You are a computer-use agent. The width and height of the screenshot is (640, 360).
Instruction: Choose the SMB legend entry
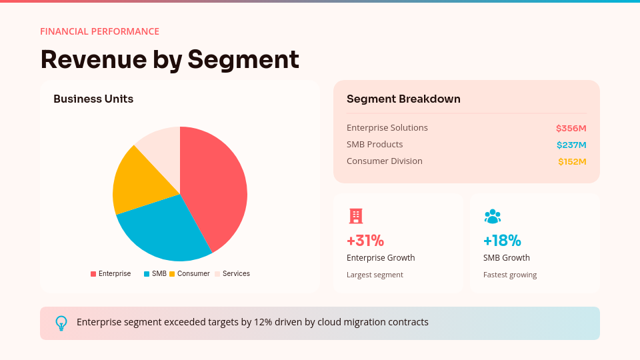coord(155,274)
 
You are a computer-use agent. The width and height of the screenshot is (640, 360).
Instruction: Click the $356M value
coord(571,128)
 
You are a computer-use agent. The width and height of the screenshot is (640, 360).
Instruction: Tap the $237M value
coord(571,145)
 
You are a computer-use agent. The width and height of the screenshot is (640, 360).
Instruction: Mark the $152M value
coord(572,161)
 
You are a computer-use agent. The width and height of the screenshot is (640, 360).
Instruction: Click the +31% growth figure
coord(365,241)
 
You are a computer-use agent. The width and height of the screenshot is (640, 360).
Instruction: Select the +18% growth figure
coord(502,241)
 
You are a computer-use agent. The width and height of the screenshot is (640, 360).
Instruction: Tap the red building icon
coord(356,216)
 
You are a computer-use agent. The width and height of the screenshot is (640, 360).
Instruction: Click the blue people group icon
coord(493,216)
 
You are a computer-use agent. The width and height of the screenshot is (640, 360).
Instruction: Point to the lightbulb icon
coord(61,323)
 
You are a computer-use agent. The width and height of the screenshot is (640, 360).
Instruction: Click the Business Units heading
coord(93,99)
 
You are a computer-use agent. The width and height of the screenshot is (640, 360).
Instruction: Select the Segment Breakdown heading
coord(403,99)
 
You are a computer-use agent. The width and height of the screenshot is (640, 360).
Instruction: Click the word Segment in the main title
coord(243,59)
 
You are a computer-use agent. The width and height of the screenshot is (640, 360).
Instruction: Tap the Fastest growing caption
coord(510,275)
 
